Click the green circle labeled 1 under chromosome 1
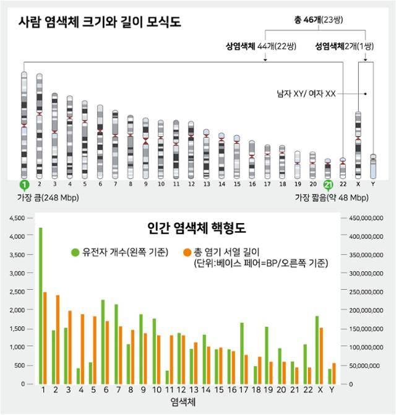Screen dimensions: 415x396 click(24, 185)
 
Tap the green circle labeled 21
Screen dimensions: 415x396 click(328, 185)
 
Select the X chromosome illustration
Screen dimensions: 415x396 click(358, 144)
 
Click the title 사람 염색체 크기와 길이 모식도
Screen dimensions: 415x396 click(103, 22)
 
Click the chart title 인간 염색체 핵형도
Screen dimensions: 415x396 click(196, 227)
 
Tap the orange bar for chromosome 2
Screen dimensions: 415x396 click(58, 339)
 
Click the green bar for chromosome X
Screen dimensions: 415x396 click(317, 349)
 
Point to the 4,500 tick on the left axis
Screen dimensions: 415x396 click(17, 218)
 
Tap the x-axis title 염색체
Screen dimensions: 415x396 click(187, 403)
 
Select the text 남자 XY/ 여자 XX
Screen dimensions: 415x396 click(306, 94)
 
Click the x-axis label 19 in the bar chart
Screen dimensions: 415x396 click(267, 390)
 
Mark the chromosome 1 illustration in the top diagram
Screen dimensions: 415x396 click(24, 124)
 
